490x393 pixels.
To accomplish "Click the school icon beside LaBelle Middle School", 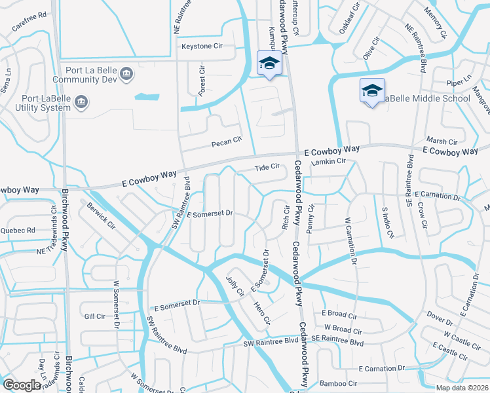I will pos(371,90).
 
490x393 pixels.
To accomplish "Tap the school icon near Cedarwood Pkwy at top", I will pos(267,63).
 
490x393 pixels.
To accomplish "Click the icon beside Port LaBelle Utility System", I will pos(81,102).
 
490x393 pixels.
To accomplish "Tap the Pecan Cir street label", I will pos(227,140).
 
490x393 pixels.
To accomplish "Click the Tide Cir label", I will pos(267,167).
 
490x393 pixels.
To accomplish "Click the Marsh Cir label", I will pos(442,141).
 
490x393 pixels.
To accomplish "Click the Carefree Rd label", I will pos(29,22).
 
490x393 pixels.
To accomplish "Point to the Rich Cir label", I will pos(286,219).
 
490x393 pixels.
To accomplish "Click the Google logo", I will pos(22,384).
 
